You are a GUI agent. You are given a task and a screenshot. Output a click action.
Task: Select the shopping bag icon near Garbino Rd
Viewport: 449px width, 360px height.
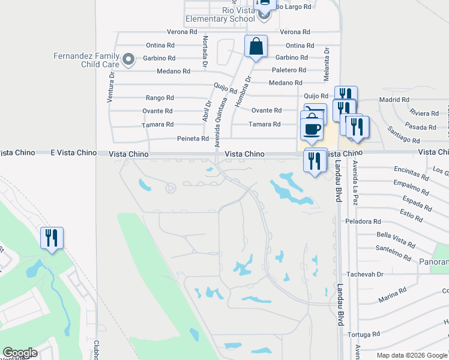click(x=256, y=46)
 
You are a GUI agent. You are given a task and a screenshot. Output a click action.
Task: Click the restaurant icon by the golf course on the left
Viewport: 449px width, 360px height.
click(x=52, y=238)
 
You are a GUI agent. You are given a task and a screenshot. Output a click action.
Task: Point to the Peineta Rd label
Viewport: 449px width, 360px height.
click(x=193, y=139)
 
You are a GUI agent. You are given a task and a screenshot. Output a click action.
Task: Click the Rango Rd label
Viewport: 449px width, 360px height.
click(x=160, y=97)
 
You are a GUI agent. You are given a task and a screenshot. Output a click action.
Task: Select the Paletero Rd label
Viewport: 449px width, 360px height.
click(x=291, y=70)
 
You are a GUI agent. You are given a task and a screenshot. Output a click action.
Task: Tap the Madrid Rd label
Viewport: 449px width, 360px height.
click(x=394, y=100)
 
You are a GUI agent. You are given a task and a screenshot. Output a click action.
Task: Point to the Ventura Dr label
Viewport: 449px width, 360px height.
click(x=110, y=88)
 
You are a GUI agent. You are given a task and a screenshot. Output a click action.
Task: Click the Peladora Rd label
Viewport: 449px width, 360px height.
click(x=360, y=221)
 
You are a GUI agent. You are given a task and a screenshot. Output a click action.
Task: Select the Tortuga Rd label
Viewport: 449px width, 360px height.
click(x=367, y=334)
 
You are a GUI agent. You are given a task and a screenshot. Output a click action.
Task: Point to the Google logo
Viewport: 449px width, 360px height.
click(x=20, y=353)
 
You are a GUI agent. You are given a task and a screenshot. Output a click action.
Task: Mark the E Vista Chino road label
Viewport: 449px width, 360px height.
click(x=74, y=153)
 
